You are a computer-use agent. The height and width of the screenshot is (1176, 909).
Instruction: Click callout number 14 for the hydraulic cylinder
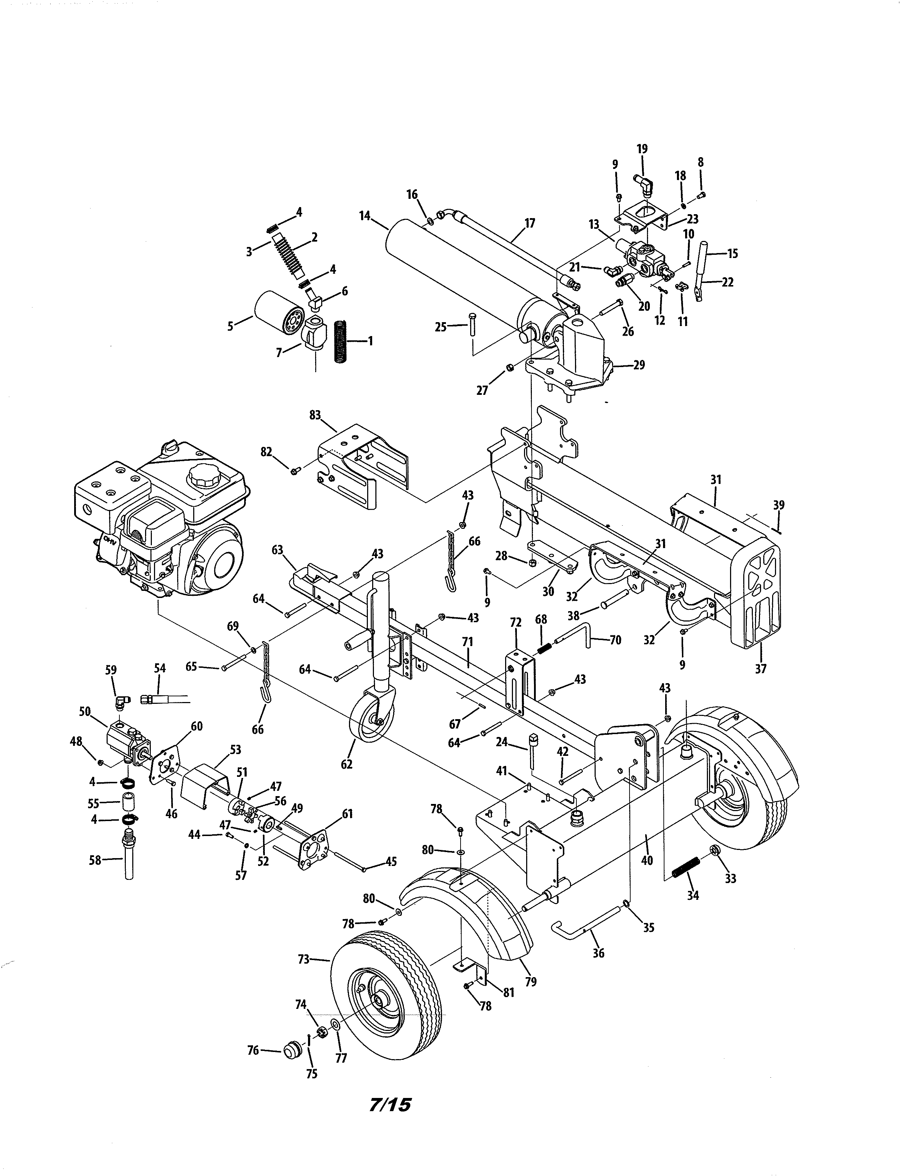pos(365,216)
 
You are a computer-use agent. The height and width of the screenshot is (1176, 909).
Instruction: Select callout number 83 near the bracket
pos(315,415)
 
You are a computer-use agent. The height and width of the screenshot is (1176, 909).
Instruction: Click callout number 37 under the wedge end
pos(760,669)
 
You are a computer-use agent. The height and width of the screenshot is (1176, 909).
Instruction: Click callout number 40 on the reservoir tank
pos(647,860)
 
